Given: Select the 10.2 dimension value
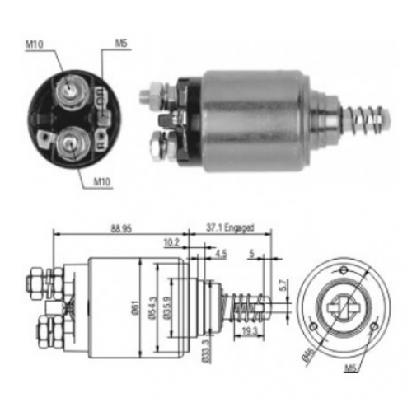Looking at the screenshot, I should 171,241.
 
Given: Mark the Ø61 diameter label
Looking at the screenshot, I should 133,307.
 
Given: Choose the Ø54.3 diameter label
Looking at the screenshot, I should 152,307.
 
